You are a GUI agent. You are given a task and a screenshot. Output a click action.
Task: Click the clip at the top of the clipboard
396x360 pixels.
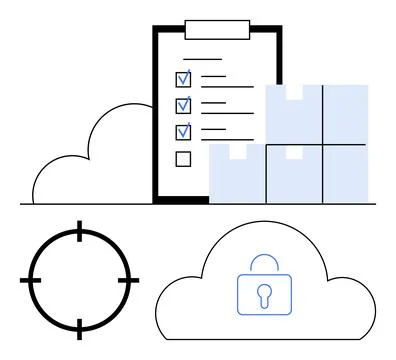click(x=217, y=28)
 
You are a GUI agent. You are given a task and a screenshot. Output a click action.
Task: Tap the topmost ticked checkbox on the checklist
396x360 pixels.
click(x=183, y=78)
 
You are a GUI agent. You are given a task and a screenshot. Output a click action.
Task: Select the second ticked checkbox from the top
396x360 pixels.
click(x=183, y=105)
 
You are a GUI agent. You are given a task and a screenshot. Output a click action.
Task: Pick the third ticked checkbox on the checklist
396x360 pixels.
click(x=183, y=131)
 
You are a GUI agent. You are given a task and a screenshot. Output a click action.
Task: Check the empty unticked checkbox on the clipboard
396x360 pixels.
click(x=183, y=158)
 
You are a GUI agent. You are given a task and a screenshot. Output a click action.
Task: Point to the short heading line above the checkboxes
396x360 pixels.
click(x=202, y=59)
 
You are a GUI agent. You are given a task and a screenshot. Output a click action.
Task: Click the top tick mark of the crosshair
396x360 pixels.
click(x=80, y=235)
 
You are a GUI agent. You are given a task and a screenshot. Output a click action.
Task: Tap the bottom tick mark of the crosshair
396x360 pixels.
click(x=80, y=327)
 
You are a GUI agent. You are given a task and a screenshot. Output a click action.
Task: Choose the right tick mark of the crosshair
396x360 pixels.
click(x=127, y=281)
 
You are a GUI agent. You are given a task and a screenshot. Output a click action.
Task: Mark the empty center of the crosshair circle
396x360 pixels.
click(x=80, y=281)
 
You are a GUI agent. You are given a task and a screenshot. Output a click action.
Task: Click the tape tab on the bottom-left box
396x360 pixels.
click(x=237, y=152)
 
